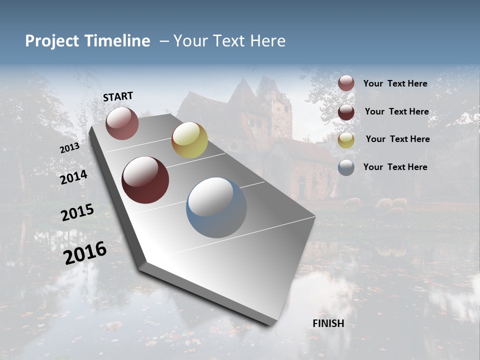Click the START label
pos(118,96)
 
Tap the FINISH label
pos(328,323)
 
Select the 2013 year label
pos(69,148)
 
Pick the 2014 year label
pos(73,177)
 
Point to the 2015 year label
pos(77,212)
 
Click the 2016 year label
pos(85,252)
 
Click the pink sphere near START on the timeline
pos(122,123)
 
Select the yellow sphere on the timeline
pos(189,140)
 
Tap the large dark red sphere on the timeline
pos(145,180)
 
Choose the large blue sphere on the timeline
pos(216,207)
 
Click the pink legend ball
pos(346,83)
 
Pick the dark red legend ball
pos(346,112)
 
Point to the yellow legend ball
pos(346,140)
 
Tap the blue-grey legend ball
pos(346,167)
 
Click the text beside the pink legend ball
pos(395,83)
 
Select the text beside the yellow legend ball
pos(397,139)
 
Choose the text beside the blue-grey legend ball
pos(395,167)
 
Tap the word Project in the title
pos(51,41)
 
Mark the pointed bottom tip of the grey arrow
pos(272,325)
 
